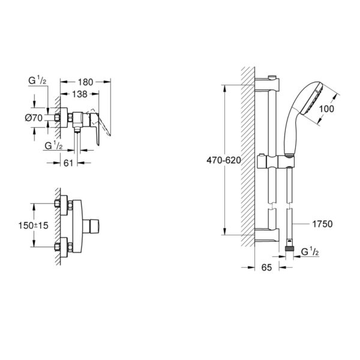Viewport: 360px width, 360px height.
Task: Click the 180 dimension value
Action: (x=85, y=82)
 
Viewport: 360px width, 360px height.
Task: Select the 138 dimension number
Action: (x=80, y=94)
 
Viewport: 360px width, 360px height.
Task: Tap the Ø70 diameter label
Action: (x=34, y=118)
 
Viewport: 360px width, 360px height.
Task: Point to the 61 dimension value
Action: (x=68, y=163)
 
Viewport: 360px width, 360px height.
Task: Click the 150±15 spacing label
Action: (x=33, y=226)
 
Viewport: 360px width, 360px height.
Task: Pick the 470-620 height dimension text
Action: (x=224, y=160)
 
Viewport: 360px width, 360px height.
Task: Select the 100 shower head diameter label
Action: (x=326, y=109)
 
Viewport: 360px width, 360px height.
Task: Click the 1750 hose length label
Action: (x=322, y=224)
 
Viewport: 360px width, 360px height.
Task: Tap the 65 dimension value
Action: (x=266, y=267)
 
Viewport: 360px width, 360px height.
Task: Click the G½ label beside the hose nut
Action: (x=310, y=252)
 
